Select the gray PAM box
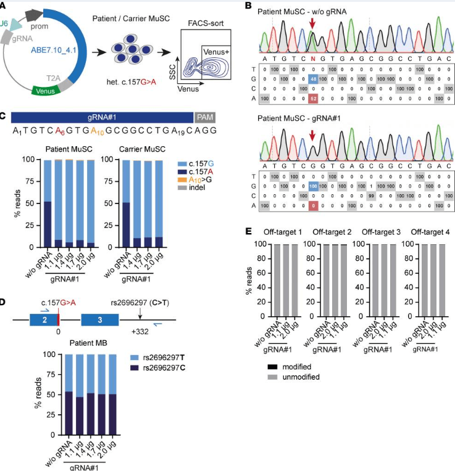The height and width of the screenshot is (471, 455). [x=204, y=117]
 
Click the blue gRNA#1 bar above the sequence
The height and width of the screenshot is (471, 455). [x=102, y=117]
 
